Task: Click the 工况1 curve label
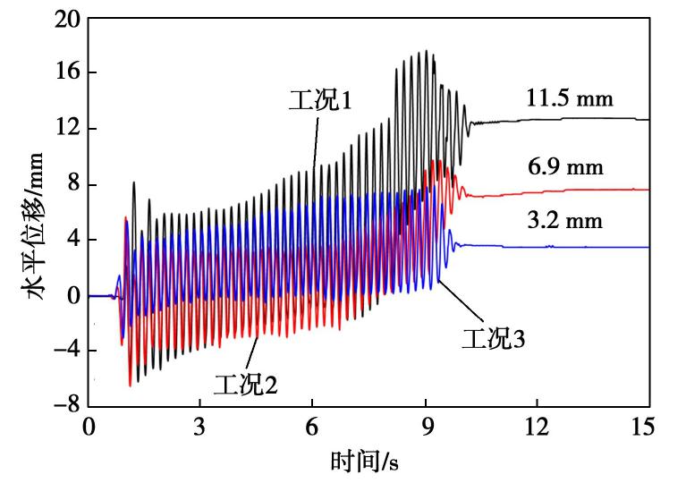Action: [320, 98]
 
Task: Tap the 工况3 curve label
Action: [492, 338]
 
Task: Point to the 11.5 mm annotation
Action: [571, 97]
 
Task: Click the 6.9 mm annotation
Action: [566, 167]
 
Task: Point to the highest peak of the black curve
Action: [427, 51]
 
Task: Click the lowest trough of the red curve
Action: [130, 386]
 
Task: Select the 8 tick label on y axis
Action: [71, 184]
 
